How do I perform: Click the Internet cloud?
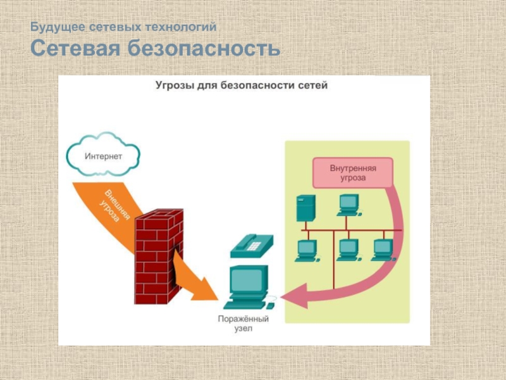103,155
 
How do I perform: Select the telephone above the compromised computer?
251,245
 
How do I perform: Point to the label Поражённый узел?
243,324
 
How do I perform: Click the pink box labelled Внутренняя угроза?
352,173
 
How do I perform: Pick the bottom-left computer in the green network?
306,250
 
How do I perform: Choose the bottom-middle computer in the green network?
348,250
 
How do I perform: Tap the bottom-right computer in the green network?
383,250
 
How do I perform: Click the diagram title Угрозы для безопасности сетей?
242,85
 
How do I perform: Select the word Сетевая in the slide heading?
76,48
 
